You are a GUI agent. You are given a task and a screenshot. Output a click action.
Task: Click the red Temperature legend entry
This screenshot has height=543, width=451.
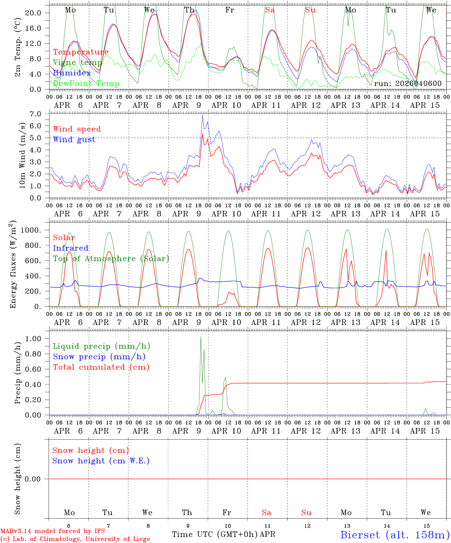(x=81, y=52)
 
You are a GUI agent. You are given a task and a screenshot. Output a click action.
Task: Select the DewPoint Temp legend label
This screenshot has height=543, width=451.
(x=86, y=84)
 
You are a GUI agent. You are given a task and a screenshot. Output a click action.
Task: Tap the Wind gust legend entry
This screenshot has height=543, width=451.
(x=74, y=140)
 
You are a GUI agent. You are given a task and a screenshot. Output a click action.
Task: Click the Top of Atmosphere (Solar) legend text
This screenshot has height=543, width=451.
(x=111, y=259)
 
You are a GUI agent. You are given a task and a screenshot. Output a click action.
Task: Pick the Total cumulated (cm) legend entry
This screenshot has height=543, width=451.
(x=101, y=367)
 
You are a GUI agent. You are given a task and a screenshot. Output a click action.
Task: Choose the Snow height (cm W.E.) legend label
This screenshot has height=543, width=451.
(x=101, y=461)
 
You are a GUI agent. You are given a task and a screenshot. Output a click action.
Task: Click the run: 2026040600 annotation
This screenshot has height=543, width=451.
(x=408, y=83)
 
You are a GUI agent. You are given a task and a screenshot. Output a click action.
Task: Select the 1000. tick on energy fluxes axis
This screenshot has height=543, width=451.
(x=31, y=230)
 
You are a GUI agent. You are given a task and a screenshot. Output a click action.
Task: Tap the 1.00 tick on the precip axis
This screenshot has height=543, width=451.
(x=33, y=339)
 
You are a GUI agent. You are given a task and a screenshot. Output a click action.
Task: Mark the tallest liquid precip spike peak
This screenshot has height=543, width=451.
(x=201, y=337)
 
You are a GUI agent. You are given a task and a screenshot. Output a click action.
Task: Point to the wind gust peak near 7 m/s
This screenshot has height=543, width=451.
(x=202, y=115)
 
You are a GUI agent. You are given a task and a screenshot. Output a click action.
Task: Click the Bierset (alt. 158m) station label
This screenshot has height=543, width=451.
(x=395, y=534)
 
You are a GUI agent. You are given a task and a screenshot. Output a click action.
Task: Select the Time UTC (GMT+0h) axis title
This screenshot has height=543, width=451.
(x=215, y=534)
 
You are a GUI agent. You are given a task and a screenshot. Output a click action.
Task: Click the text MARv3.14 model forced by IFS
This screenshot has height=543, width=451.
(x=53, y=531)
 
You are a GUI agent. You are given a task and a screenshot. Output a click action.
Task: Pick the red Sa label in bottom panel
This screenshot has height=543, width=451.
(x=267, y=512)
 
